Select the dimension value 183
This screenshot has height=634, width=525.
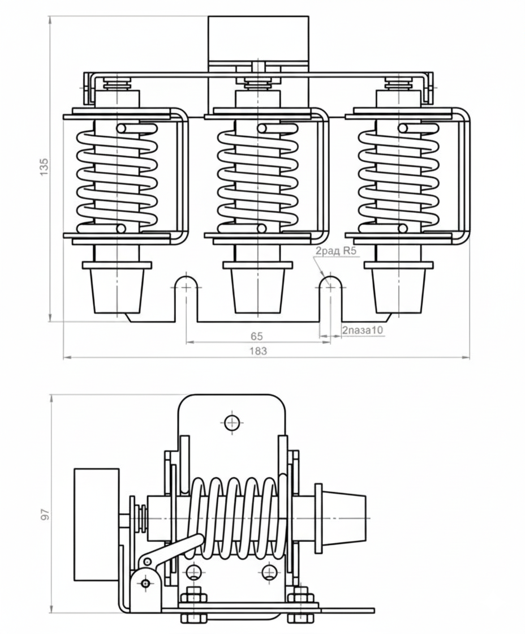pyautogui.click(x=258, y=351)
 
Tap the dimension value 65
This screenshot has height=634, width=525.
pyautogui.click(x=257, y=336)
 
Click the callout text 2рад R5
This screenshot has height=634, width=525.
pyautogui.click(x=336, y=251)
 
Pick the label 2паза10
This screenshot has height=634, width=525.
pyautogui.click(x=363, y=331)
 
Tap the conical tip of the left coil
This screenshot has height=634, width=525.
pyautogui.click(x=117, y=291)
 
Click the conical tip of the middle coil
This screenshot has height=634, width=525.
pyautogui.click(x=258, y=291)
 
